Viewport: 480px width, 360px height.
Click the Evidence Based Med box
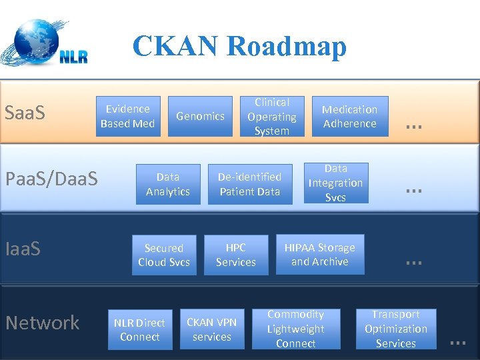127,116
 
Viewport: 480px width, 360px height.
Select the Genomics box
200,116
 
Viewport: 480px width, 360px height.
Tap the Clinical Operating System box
272,117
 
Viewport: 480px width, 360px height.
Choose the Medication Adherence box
350,117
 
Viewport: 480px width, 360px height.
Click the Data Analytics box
168,184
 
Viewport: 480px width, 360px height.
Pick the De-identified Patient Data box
250,184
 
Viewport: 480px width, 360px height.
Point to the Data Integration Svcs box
336,183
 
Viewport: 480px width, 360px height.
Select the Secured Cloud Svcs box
164,255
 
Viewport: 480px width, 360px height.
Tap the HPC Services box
236,255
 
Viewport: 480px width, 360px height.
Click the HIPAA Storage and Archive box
320,254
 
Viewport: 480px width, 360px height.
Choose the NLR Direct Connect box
140,329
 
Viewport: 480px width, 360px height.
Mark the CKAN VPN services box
212,329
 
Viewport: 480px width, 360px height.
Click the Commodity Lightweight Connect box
296,329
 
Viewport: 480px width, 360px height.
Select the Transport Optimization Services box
396,329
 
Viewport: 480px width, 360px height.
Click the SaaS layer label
25,113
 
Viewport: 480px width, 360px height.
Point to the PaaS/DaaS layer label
51,179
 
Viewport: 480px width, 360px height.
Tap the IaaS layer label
23,249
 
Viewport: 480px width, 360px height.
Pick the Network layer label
43,323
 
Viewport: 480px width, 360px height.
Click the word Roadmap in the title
287,47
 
